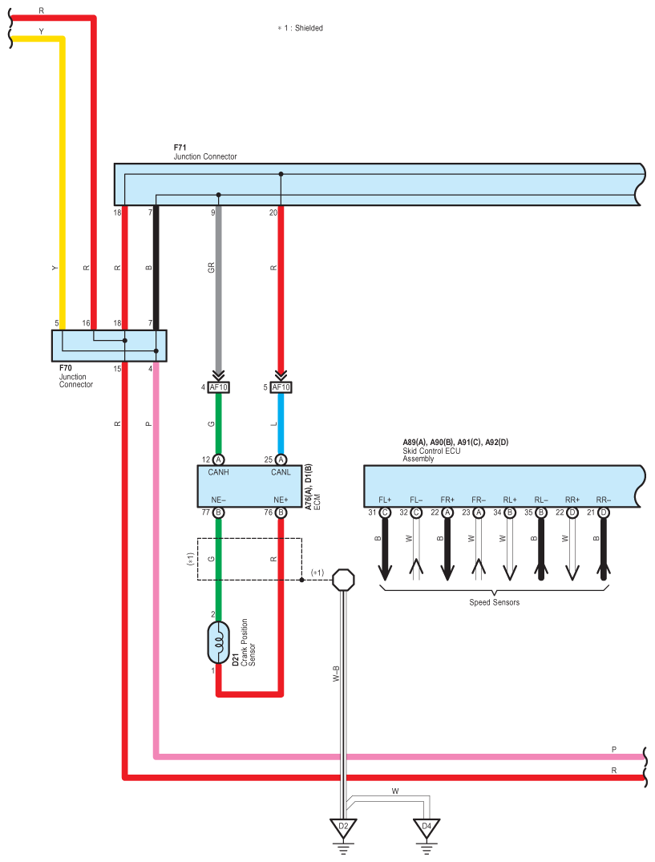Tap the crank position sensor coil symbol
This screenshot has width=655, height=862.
[218, 642]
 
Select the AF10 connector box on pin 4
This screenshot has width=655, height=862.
[218, 387]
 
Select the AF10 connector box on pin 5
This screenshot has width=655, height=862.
[281, 387]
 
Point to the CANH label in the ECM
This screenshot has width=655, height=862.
[218, 472]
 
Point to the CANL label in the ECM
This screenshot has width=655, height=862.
[281, 472]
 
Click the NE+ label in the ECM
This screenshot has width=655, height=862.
[281, 500]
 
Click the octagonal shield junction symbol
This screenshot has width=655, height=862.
[343, 580]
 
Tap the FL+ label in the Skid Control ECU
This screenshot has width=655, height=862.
[385, 500]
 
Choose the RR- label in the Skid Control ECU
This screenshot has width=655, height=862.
[604, 500]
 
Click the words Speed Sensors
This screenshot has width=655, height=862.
[494, 602]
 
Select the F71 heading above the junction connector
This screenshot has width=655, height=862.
[180, 148]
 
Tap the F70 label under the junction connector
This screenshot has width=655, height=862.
[66, 368]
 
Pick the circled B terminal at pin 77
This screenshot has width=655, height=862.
[218, 512]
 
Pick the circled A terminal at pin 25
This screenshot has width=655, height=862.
[281, 459]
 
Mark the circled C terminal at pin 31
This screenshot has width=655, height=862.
[385, 512]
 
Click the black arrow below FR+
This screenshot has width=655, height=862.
[447, 549]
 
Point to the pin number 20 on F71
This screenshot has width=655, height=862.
[273, 212]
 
